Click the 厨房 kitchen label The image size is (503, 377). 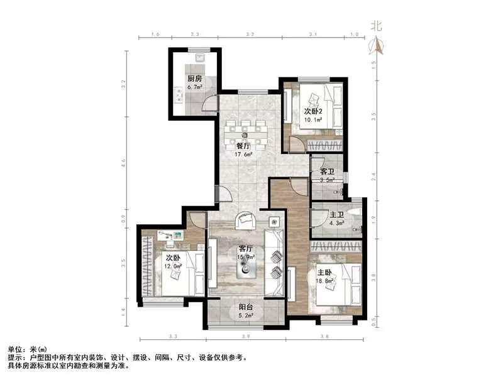pos(194,79)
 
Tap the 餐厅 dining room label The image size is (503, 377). pos(244,146)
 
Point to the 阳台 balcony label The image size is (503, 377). pos(246,308)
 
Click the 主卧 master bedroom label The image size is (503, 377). pos(325,273)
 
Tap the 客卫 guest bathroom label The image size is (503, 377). pos(327,172)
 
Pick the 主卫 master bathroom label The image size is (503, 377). pos(337,214)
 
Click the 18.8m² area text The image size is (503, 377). pos(326,282)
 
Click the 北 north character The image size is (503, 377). pos(377,26)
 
